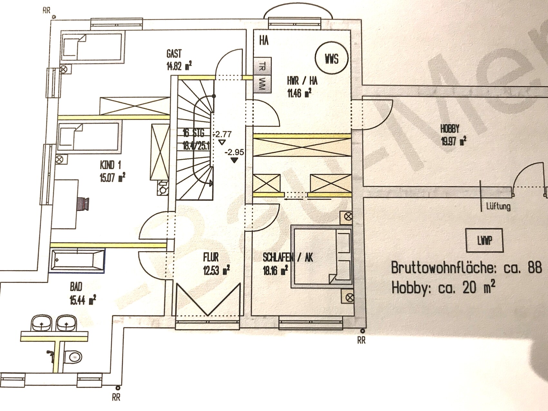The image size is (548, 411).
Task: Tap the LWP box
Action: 484,240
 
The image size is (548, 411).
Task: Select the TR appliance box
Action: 262,67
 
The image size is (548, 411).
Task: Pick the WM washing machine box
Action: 262,84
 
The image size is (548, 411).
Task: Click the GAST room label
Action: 174,54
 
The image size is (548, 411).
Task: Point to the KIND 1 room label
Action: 110,165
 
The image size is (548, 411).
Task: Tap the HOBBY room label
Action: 449,129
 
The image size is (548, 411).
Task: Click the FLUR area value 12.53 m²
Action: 216,270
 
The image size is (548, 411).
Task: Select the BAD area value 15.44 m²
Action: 83,300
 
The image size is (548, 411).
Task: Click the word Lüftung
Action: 498,206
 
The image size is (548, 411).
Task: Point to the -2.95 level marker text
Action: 234,152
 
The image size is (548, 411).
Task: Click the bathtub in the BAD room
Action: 77,260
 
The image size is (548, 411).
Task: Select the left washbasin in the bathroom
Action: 42,323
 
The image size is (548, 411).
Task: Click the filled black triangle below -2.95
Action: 234,160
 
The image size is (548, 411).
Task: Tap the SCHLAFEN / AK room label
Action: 288,257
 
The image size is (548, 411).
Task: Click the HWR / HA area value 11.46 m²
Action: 299,93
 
